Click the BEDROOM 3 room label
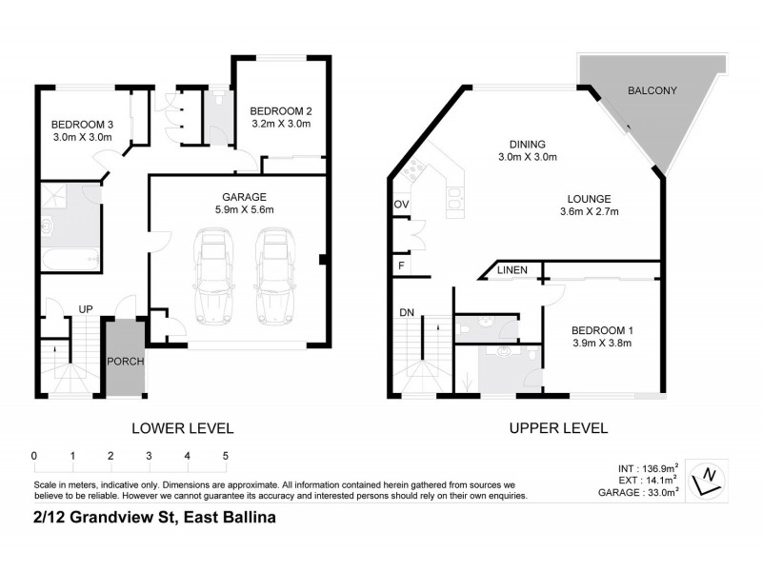click(82, 125)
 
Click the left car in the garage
click(211, 276)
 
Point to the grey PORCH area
click(125, 361)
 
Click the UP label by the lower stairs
click(85, 308)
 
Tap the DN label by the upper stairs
click(407, 311)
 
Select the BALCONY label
click(652, 91)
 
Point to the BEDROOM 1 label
click(603, 330)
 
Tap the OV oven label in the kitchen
click(401, 206)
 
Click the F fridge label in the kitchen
click(400, 266)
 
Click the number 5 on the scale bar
click(226, 456)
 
